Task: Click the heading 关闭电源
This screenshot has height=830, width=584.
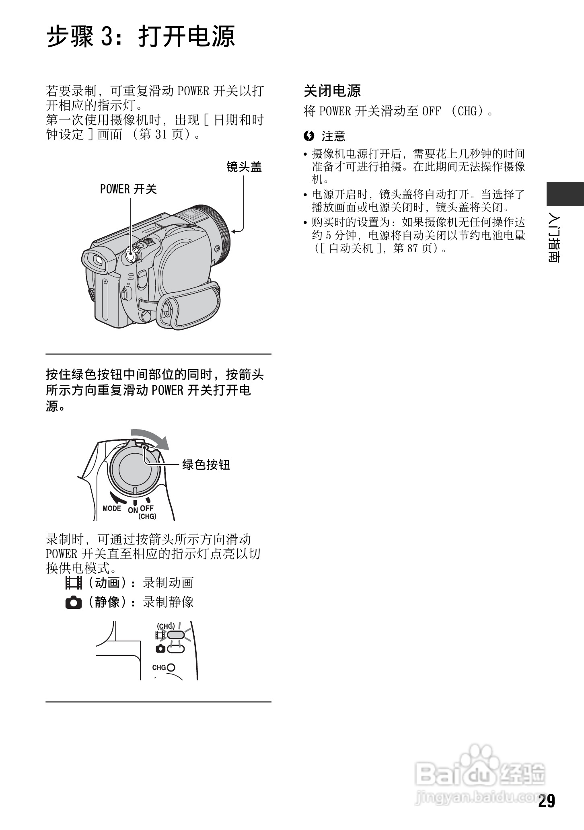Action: coord(332,91)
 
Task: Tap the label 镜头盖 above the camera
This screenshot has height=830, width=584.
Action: coord(244,167)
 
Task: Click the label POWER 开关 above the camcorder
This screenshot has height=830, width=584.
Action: coord(128,189)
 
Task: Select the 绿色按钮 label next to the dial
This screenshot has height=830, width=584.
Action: coord(206,465)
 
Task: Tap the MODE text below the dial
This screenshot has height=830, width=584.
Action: coord(112,508)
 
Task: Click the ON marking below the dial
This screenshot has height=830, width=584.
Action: coord(133,510)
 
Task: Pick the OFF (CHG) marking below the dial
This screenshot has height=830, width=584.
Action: coord(147,512)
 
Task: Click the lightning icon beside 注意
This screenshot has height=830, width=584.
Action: coord(309,136)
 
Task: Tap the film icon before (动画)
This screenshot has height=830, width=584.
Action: coord(74,583)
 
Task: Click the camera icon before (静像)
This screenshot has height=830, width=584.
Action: coord(74,602)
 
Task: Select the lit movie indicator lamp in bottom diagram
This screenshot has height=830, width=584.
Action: coord(175,635)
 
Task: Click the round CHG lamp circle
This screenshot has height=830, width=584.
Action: coord(171,668)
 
